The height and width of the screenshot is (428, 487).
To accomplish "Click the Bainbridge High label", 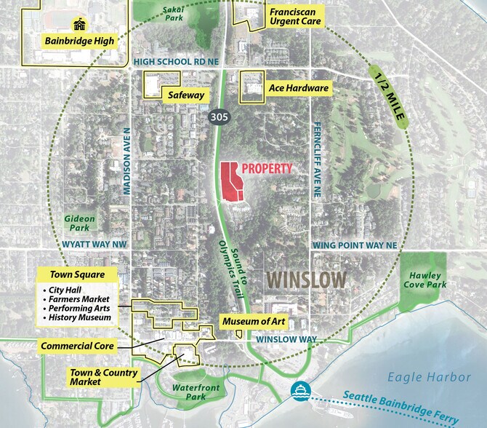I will (x=79, y=41).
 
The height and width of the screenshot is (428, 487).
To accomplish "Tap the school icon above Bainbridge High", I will (x=79, y=25).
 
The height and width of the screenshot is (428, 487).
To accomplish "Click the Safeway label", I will (x=185, y=95).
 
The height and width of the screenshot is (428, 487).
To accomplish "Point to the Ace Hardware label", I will (x=299, y=89).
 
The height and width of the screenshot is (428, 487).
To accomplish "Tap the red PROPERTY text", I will (x=267, y=169).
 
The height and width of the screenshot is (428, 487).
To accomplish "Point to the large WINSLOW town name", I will (x=305, y=279).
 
